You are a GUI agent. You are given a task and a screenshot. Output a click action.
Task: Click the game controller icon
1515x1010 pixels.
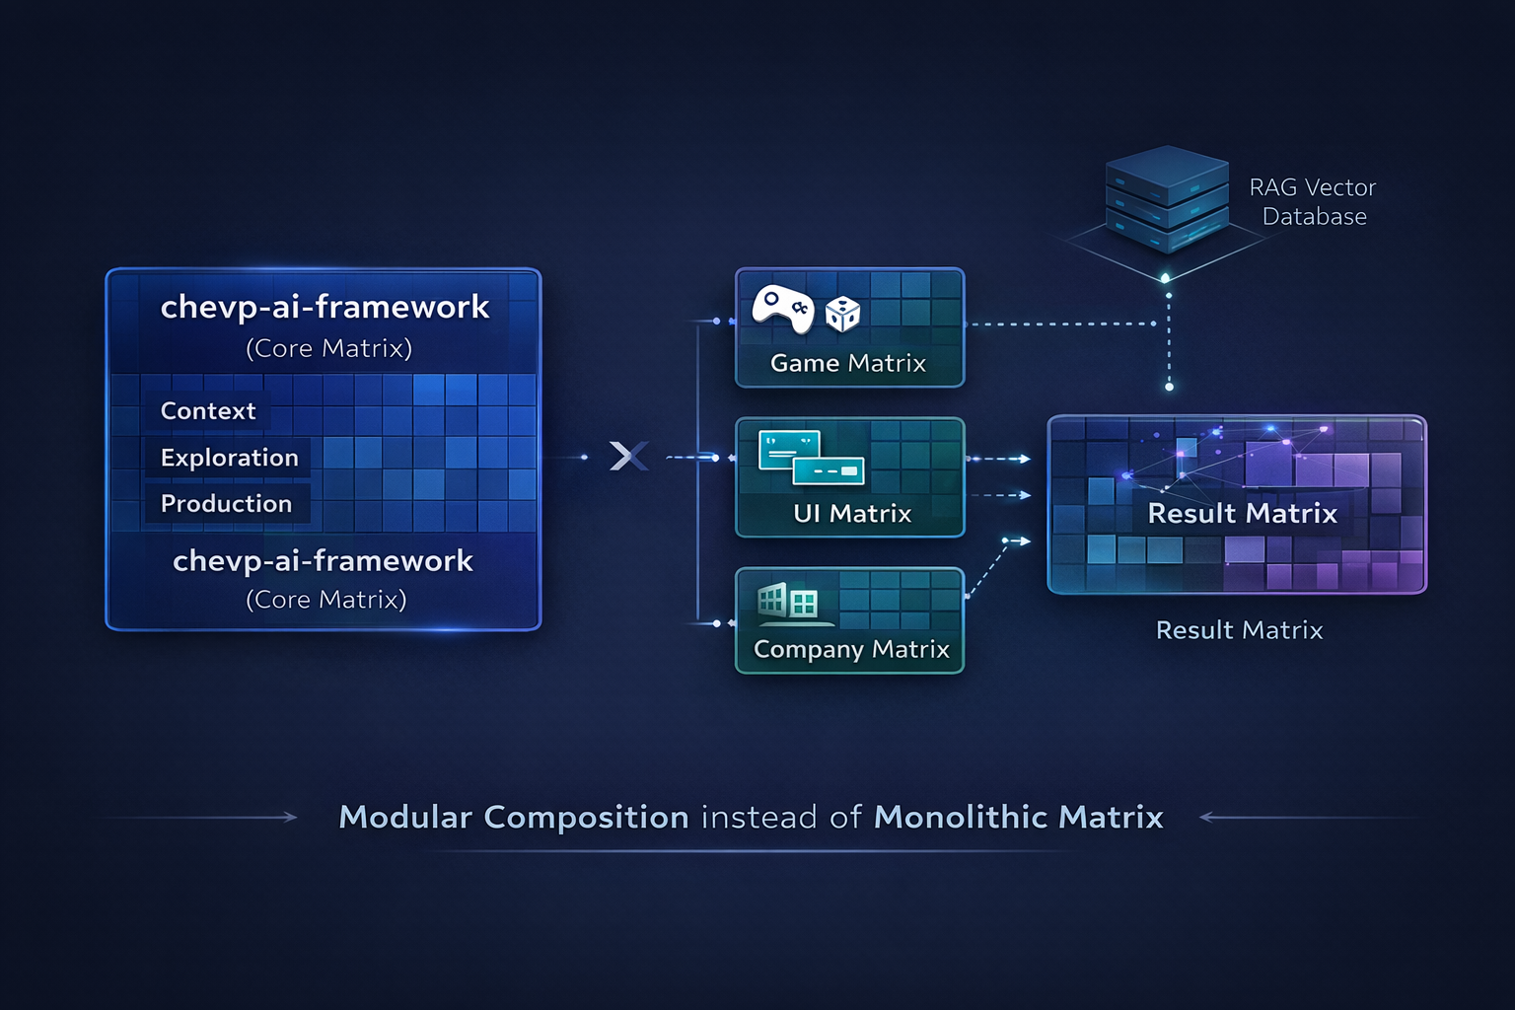(x=782, y=309)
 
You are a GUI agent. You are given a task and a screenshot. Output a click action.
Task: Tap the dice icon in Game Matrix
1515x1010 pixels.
(x=842, y=314)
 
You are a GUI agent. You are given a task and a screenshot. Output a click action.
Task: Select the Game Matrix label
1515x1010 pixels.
(x=848, y=363)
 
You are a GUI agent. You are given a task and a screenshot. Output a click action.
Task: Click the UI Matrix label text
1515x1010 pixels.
(x=852, y=513)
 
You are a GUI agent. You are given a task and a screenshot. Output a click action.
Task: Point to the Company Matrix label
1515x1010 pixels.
(x=851, y=649)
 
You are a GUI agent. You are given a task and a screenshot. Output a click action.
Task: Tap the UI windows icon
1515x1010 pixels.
(x=811, y=458)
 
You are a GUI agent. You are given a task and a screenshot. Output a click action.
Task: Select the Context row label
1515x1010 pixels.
(x=208, y=410)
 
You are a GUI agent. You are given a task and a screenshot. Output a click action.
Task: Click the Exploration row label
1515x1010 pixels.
(x=229, y=458)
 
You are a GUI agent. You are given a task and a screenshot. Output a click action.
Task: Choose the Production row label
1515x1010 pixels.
(x=226, y=503)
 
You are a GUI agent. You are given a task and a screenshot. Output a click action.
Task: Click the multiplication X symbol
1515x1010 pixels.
(x=628, y=456)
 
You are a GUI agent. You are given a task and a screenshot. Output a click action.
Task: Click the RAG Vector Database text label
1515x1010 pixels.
(x=1313, y=201)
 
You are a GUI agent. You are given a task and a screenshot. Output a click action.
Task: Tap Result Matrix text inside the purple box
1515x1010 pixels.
(x=1242, y=513)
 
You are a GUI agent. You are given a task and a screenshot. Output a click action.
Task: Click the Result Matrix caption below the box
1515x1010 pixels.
(x=1239, y=630)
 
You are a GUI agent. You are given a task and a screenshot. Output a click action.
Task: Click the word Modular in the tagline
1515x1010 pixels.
(x=405, y=817)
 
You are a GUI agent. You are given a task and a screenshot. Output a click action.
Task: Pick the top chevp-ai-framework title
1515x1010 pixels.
(x=325, y=307)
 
